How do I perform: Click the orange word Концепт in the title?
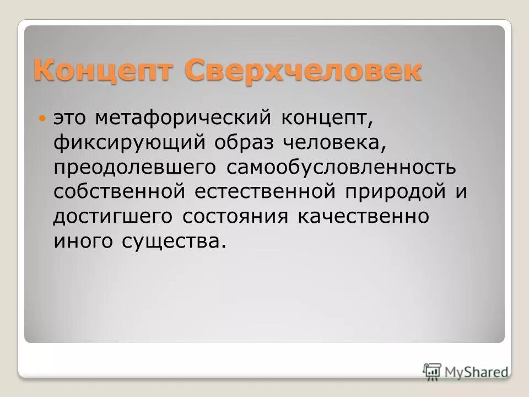click(x=105, y=72)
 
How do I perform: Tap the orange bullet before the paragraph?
click(x=44, y=119)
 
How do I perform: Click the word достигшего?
click(x=113, y=217)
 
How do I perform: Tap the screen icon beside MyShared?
click(x=433, y=371)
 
